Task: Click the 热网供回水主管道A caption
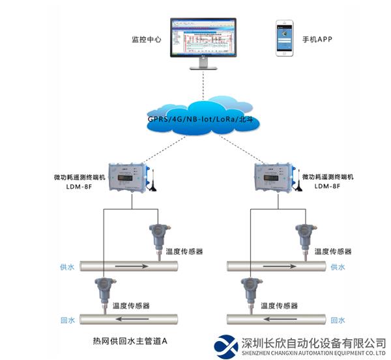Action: (130, 340)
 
